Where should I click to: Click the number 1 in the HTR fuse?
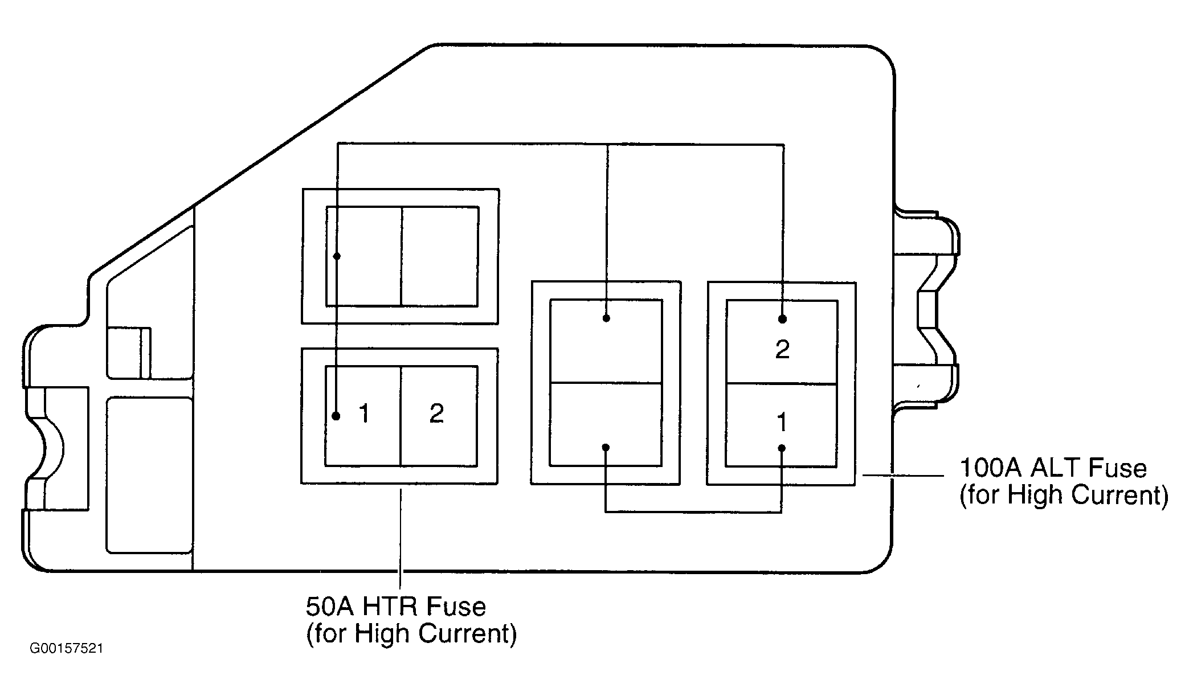coord(365,413)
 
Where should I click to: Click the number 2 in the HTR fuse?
coord(436,413)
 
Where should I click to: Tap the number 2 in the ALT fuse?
coord(782,349)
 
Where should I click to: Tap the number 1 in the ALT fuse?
coord(782,422)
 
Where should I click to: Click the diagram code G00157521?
coord(67,649)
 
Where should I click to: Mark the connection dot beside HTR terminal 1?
coord(336,416)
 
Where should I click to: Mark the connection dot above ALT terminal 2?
coord(783,320)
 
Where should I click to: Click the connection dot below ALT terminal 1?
coord(782,448)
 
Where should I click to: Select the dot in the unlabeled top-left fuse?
coord(337,256)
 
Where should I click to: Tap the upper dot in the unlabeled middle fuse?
coord(606,318)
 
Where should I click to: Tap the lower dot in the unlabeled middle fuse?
coord(606,448)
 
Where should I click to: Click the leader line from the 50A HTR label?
coord(401,538)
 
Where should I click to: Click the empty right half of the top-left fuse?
coord(440,256)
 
